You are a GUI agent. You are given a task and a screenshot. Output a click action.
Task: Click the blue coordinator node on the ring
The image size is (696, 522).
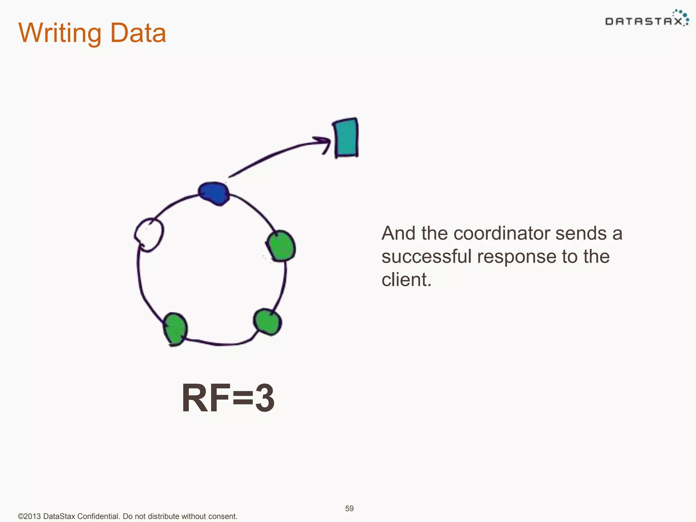point(214,193)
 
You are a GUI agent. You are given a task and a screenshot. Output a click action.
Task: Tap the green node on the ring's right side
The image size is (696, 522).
point(281,246)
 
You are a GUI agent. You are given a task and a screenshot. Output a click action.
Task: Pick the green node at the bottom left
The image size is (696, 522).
point(175,329)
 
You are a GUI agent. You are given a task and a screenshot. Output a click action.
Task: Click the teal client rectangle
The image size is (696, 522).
point(346,138)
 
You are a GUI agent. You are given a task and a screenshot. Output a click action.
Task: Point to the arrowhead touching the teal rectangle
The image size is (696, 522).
point(325,143)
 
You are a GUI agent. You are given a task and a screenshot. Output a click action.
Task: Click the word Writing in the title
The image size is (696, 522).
point(60,33)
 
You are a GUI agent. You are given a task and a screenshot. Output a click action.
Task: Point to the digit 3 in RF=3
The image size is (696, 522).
point(265,398)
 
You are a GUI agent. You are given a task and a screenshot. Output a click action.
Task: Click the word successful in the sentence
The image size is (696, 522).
point(426,256)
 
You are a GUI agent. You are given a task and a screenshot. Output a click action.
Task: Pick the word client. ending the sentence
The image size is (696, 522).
point(406,280)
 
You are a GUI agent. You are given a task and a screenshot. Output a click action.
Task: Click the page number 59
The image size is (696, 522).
point(349,508)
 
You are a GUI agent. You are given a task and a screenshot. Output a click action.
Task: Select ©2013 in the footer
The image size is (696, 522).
point(30,516)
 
